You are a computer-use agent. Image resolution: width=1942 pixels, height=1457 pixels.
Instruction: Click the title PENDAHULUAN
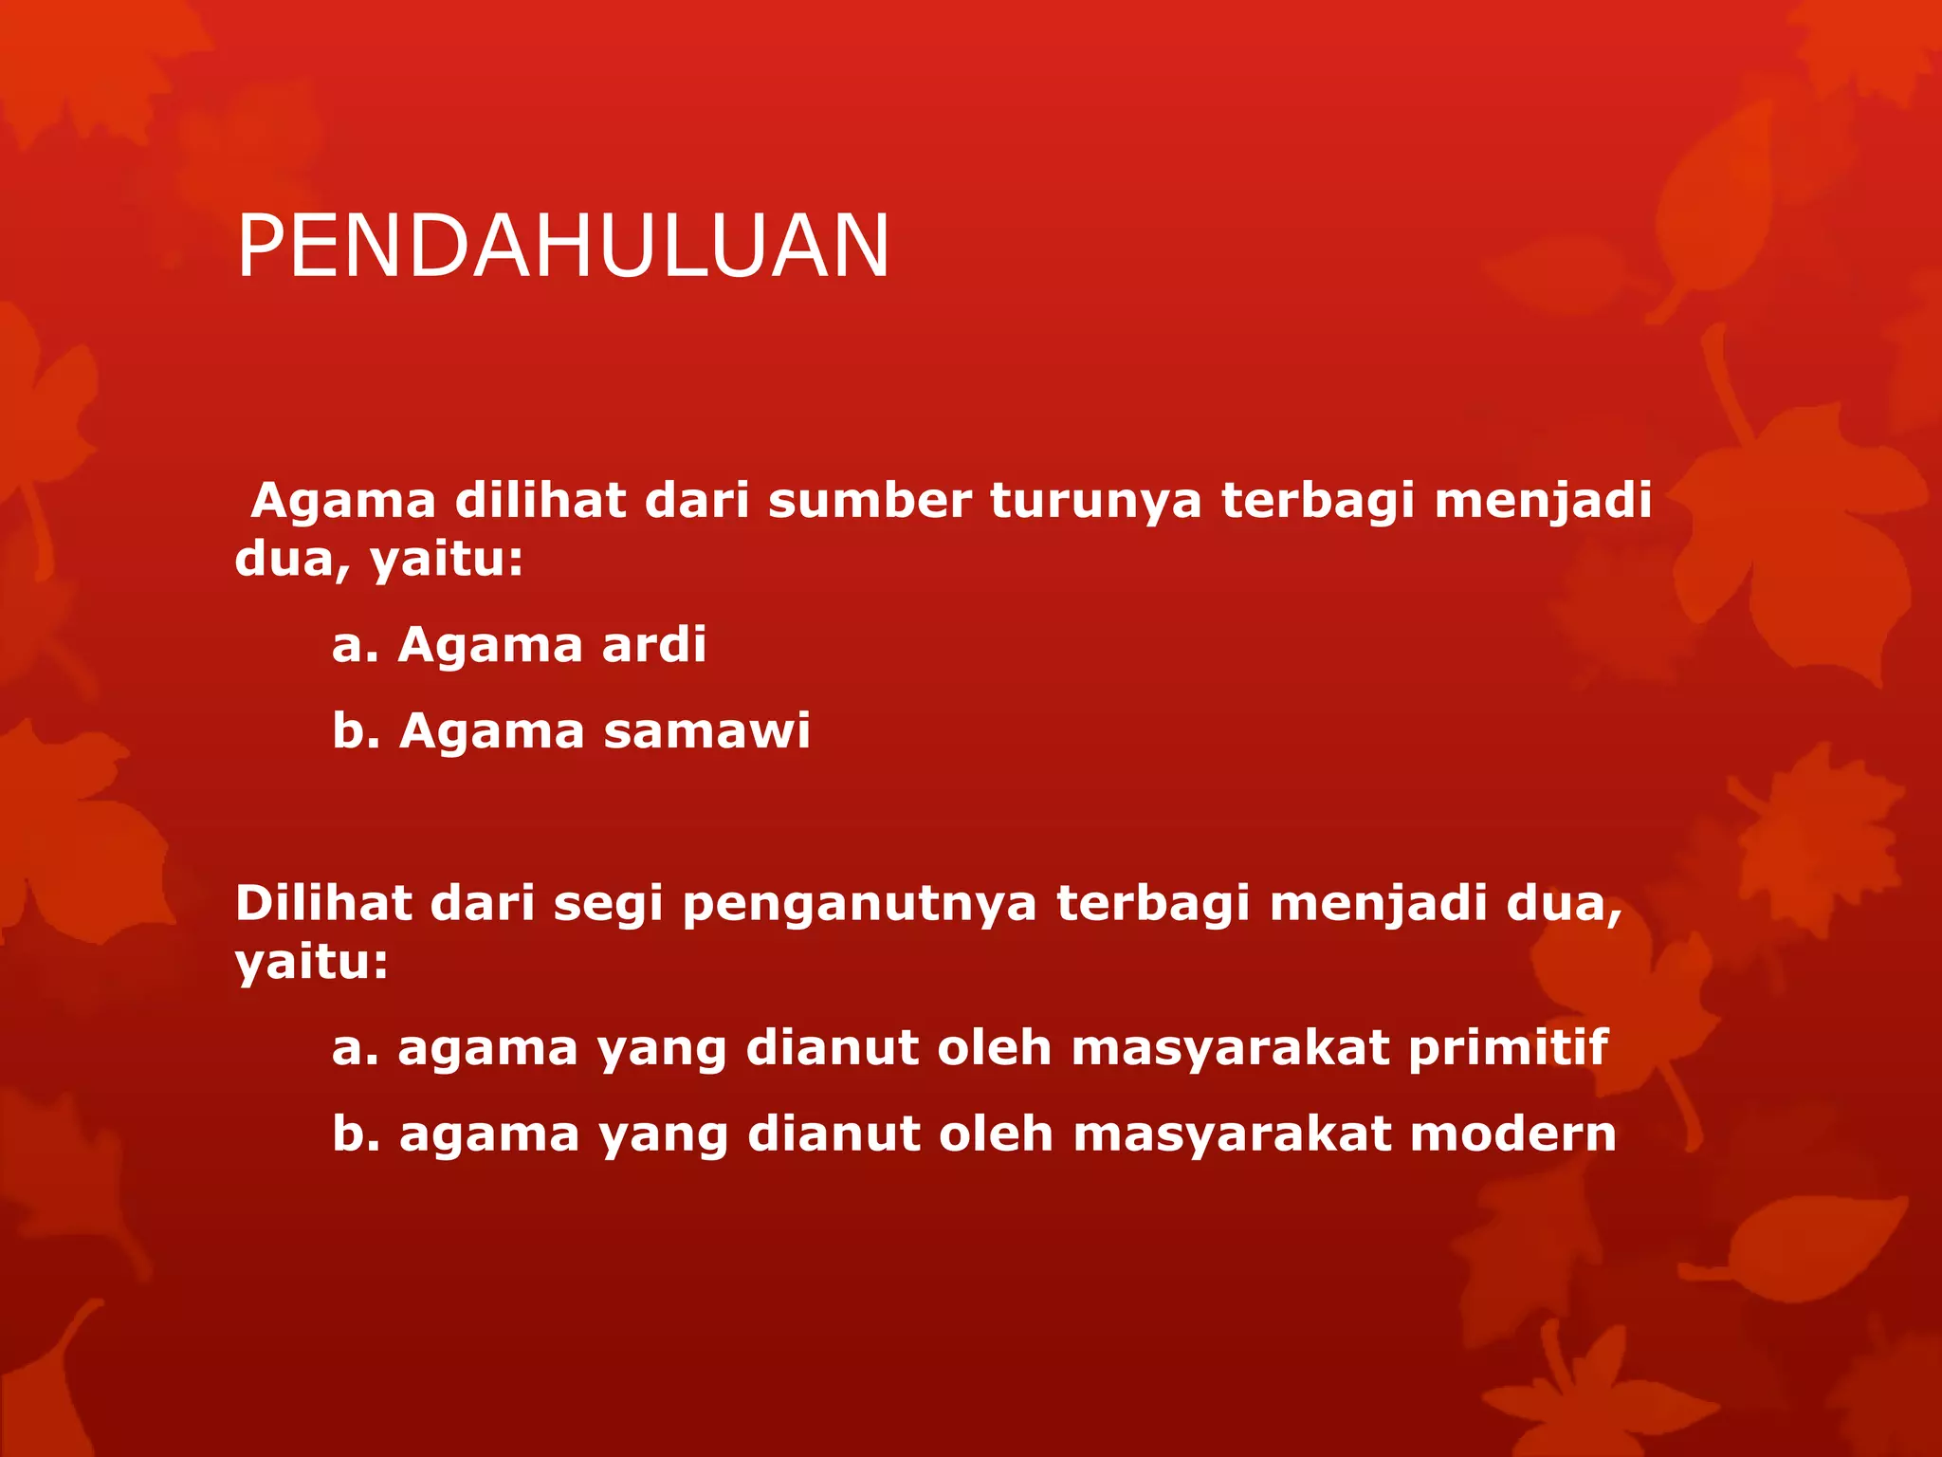(563, 247)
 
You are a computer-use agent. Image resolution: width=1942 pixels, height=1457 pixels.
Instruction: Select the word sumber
(870, 500)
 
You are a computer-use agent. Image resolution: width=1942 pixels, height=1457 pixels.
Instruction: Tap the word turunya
(1096, 502)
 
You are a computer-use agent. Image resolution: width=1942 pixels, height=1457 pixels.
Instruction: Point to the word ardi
(654, 645)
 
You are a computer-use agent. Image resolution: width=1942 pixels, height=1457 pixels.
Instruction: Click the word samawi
(707, 731)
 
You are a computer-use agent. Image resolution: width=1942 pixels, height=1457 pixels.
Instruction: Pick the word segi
(608, 905)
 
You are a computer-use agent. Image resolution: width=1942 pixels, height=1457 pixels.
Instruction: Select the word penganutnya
(860, 905)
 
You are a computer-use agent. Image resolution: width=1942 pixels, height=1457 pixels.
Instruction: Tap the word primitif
(1508, 1049)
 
